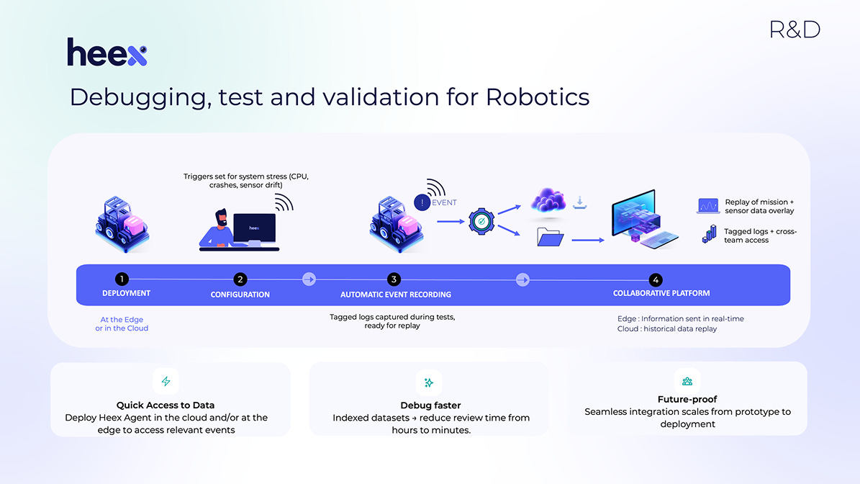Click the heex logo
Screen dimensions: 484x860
[x=107, y=53]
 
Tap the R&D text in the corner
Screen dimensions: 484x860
[x=795, y=30]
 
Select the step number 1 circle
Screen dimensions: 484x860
[x=123, y=279]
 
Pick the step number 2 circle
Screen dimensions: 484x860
[x=240, y=279]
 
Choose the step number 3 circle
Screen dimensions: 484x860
[x=393, y=279]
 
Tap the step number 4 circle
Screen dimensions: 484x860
[x=655, y=279]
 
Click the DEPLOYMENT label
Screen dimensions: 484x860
[x=126, y=293]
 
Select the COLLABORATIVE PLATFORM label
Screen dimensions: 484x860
[x=661, y=293]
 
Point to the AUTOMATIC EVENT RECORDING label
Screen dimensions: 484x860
[x=396, y=294]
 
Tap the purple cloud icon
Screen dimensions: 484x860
[x=548, y=202]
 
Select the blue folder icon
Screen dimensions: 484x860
[x=551, y=236]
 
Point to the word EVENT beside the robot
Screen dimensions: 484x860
[x=444, y=203]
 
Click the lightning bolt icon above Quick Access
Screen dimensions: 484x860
[x=166, y=382]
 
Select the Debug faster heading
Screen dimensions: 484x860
[x=430, y=405]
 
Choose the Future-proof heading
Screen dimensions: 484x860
[x=687, y=399]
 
